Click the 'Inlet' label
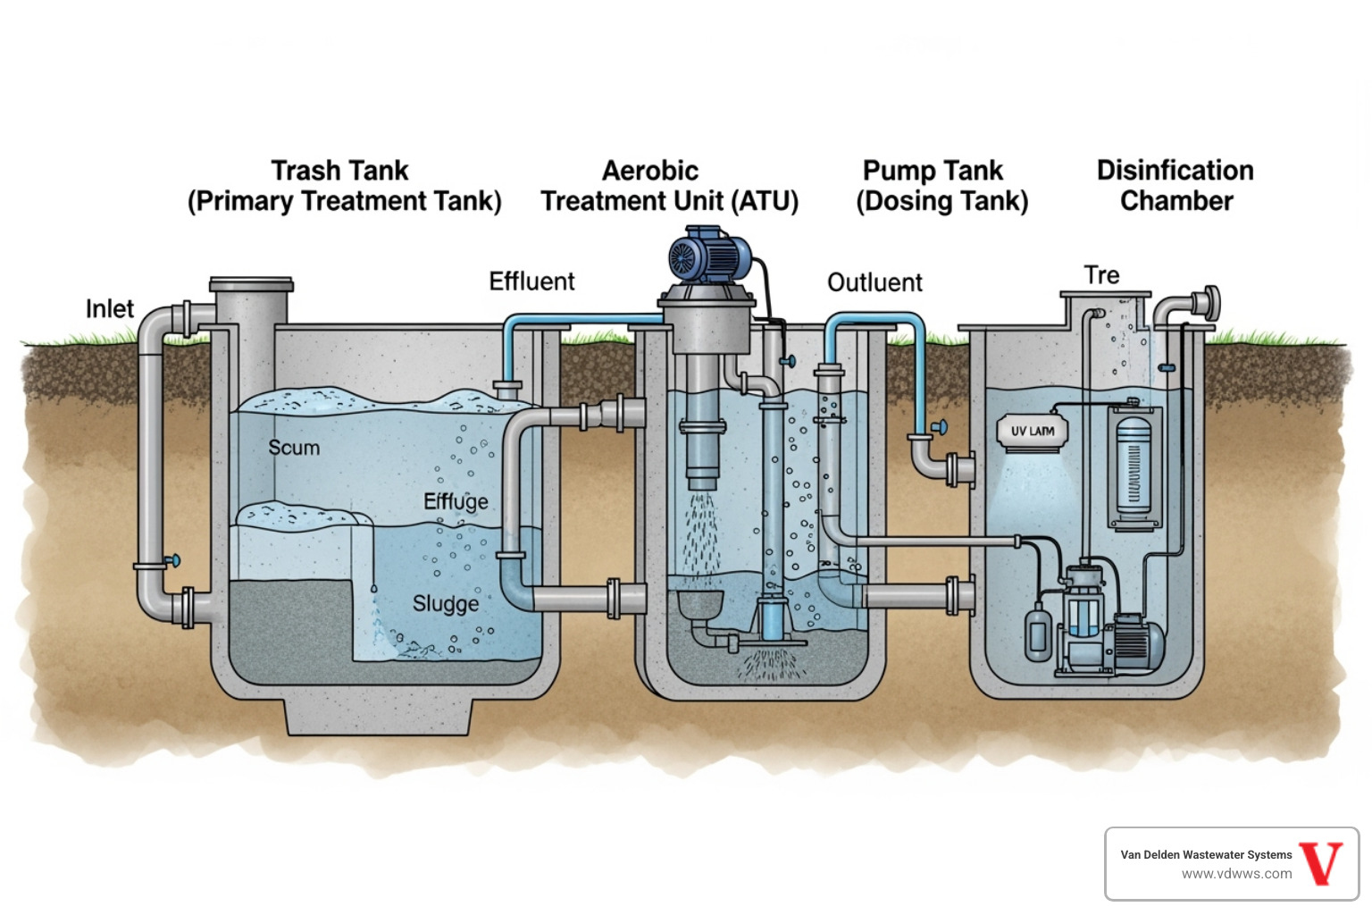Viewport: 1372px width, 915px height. point(109,309)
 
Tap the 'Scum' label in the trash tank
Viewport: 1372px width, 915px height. point(294,448)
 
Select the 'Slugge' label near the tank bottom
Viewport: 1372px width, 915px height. point(446,604)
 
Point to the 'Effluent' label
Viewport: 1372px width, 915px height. point(531,281)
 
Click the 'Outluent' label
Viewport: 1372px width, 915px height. point(874,282)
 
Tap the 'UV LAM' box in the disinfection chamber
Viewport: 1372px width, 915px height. point(1032,432)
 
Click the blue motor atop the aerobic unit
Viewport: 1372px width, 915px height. point(709,255)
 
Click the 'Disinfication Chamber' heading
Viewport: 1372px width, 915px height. point(1175,186)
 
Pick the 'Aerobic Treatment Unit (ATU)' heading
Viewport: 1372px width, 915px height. point(669,186)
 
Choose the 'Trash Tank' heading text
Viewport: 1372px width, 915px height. point(339,171)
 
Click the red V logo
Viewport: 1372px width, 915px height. point(1321,863)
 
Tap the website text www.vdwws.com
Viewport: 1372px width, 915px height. point(1236,874)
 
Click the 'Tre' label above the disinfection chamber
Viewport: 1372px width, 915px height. point(1101,275)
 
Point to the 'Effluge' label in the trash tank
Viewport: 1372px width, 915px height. point(456,501)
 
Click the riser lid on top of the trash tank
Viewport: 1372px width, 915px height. point(251,285)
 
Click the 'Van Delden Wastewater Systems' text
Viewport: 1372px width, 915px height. point(1206,855)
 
